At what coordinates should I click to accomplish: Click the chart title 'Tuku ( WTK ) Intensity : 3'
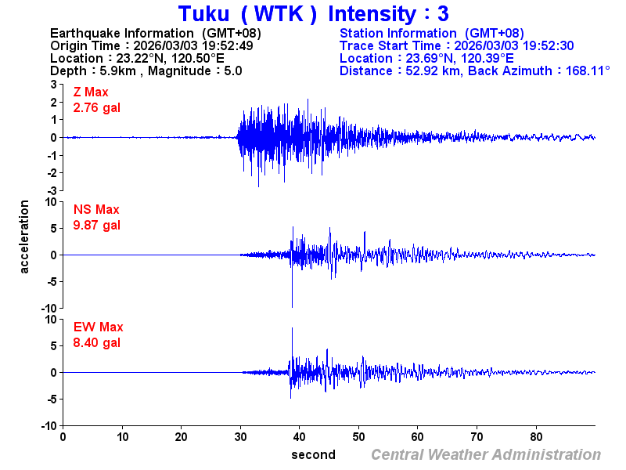click(313, 14)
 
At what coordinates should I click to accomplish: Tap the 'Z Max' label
click(91, 92)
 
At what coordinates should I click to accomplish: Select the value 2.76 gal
click(97, 108)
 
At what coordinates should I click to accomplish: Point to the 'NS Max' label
click(96, 210)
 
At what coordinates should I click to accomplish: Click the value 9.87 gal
click(97, 226)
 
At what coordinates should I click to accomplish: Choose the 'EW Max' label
click(99, 327)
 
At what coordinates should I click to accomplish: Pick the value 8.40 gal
click(97, 343)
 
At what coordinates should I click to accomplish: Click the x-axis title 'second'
click(313, 455)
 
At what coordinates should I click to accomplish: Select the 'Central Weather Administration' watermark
click(486, 455)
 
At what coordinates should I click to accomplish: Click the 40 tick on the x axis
click(300, 436)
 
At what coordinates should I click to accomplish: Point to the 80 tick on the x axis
click(537, 436)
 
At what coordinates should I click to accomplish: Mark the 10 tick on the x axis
click(122, 436)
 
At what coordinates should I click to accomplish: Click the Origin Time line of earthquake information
click(151, 45)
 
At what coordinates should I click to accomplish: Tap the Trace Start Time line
click(457, 45)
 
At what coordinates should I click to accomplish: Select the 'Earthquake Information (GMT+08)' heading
click(155, 33)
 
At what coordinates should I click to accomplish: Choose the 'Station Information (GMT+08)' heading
click(431, 33)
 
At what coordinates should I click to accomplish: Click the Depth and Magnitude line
click(146, 70)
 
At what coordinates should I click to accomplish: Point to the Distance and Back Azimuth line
click(475, 70)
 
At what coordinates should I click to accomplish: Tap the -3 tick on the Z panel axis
click(52, 190)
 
